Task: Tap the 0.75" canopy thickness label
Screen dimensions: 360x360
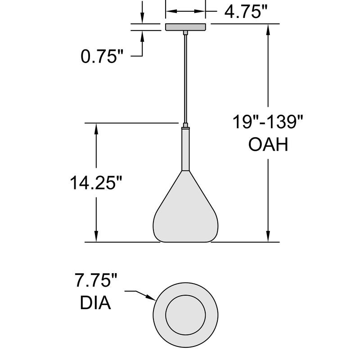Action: point(102,56)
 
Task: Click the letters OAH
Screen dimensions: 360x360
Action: point(268,145)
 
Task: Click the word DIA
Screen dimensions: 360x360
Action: point(95,303)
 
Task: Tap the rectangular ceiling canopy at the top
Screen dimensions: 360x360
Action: point(185,27)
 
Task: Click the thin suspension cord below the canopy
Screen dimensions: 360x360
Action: point(185,76)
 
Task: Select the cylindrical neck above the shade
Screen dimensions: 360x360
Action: point(185,148)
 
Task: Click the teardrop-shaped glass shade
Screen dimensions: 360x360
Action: point(186,211)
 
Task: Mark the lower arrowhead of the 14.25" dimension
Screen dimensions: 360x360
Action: point(96,237)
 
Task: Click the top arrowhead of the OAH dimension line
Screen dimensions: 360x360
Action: point(269,28)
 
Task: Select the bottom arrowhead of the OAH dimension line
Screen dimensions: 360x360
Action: point(269,237)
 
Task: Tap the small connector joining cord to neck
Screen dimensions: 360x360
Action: point(185,125)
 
